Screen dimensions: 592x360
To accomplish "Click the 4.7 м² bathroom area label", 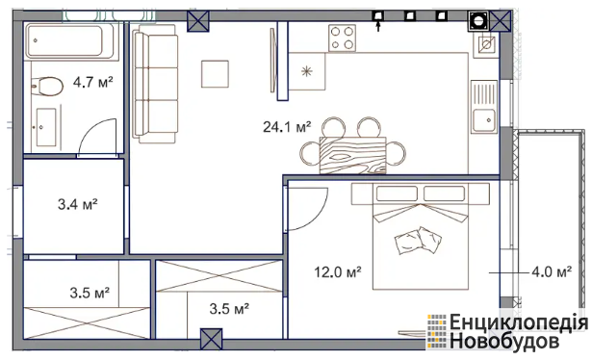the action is tap(92, 82).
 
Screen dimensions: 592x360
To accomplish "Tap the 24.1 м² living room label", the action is tap(287, 127).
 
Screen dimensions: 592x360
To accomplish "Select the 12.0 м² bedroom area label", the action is tap(338, 271).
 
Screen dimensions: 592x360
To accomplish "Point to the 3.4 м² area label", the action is tap(78, 204).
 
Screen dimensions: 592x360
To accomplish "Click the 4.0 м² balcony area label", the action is tap(552, 271).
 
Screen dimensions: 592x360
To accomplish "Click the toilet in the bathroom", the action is tap(47, 87).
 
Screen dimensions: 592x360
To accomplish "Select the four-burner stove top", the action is tap(342, 38).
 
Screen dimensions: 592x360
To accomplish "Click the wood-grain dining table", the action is tap(352, 156).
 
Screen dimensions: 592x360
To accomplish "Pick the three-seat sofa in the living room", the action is tap(155, 84).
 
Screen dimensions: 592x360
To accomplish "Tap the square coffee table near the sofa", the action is tap(215, 74).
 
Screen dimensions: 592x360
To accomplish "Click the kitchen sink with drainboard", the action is tap(484, 107).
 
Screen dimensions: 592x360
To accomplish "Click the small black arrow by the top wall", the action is tap(378, 27).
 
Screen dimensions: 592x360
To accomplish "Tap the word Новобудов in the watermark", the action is tap(504, 341).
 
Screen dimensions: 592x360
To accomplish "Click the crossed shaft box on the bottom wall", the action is tap(212, 339).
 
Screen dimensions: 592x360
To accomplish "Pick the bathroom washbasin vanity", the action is tap(46, 127).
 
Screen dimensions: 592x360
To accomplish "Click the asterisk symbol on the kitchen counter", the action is tap(306, 71).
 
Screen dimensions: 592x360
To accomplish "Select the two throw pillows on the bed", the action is tap(418, 240).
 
